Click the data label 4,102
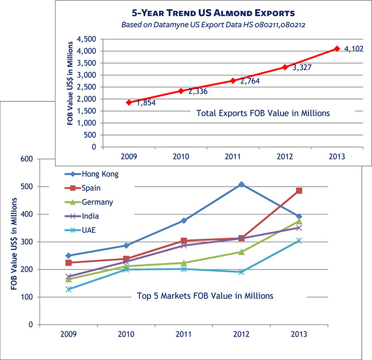354,50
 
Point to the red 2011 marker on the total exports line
233,81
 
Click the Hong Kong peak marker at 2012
242,184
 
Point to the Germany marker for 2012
242,252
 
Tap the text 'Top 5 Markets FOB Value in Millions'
205,296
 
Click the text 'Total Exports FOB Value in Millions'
263,113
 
